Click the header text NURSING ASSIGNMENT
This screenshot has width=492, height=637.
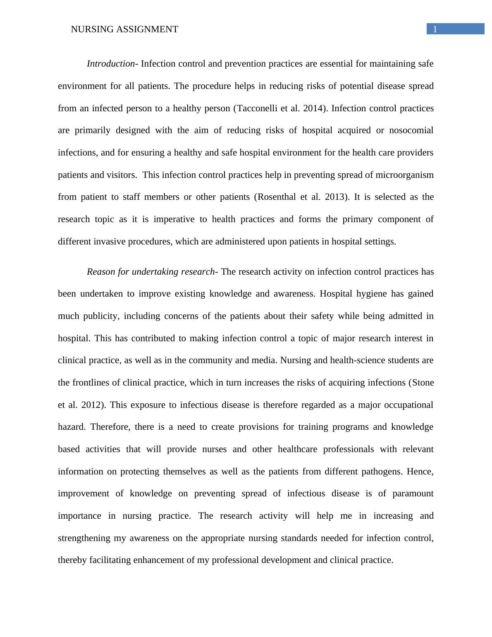124,29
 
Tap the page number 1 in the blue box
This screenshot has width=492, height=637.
435,29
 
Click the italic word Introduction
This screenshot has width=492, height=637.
110,64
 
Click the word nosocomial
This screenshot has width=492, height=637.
411,130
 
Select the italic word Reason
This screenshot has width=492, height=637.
101,272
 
